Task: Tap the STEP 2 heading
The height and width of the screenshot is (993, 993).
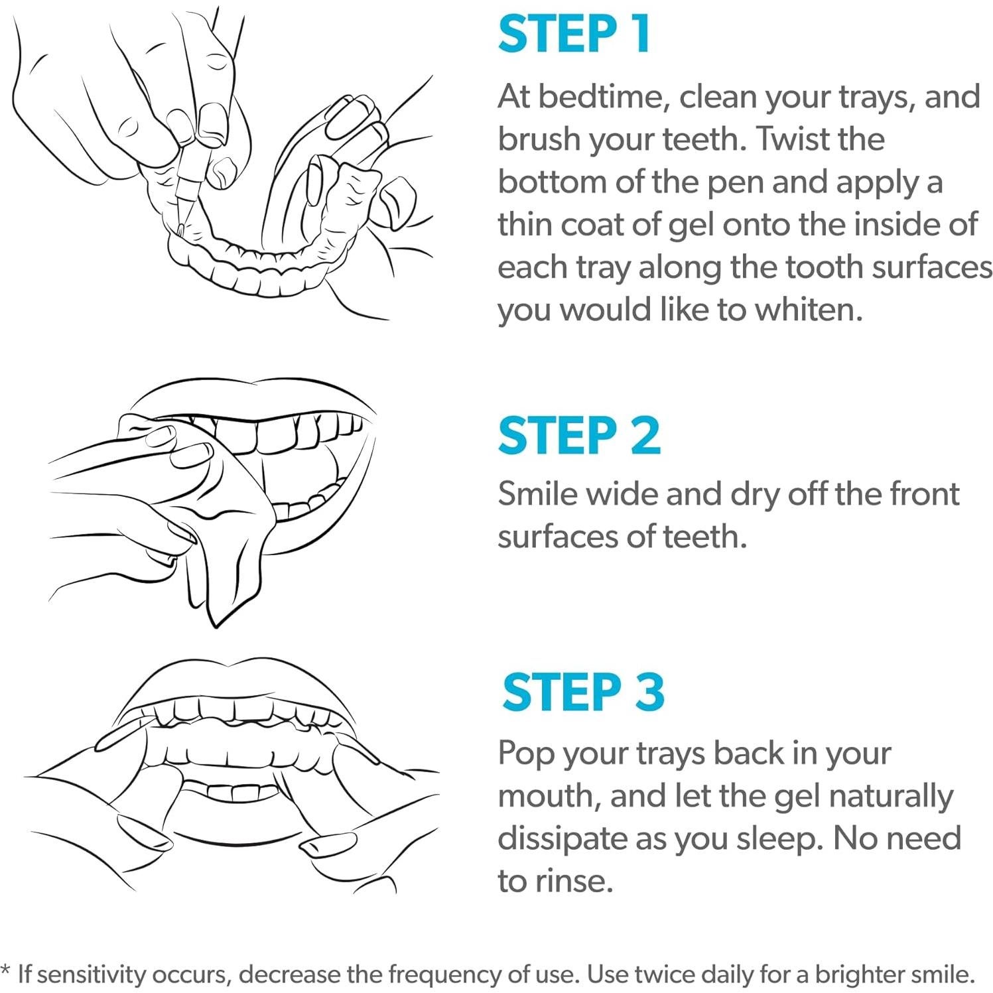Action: [579, 436]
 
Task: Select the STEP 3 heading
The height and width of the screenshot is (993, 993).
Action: [583, 692]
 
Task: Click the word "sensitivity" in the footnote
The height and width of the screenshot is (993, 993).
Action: [90, 974]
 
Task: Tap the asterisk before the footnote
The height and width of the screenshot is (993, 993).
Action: [6, 970]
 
